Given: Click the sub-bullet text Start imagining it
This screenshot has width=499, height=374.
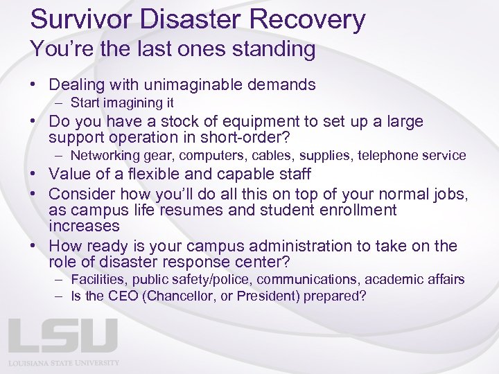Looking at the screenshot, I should (122, 103).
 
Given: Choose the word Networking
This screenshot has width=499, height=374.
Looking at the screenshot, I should (103, 155).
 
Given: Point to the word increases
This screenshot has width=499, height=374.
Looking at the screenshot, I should (84, 226).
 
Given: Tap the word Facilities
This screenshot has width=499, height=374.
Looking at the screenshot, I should (99, 279).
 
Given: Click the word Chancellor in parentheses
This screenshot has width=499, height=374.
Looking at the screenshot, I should (180, 296).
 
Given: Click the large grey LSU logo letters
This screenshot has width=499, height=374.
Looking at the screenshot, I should (62, 335).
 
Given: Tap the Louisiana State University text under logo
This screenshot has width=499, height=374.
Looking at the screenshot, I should (64, 363).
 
